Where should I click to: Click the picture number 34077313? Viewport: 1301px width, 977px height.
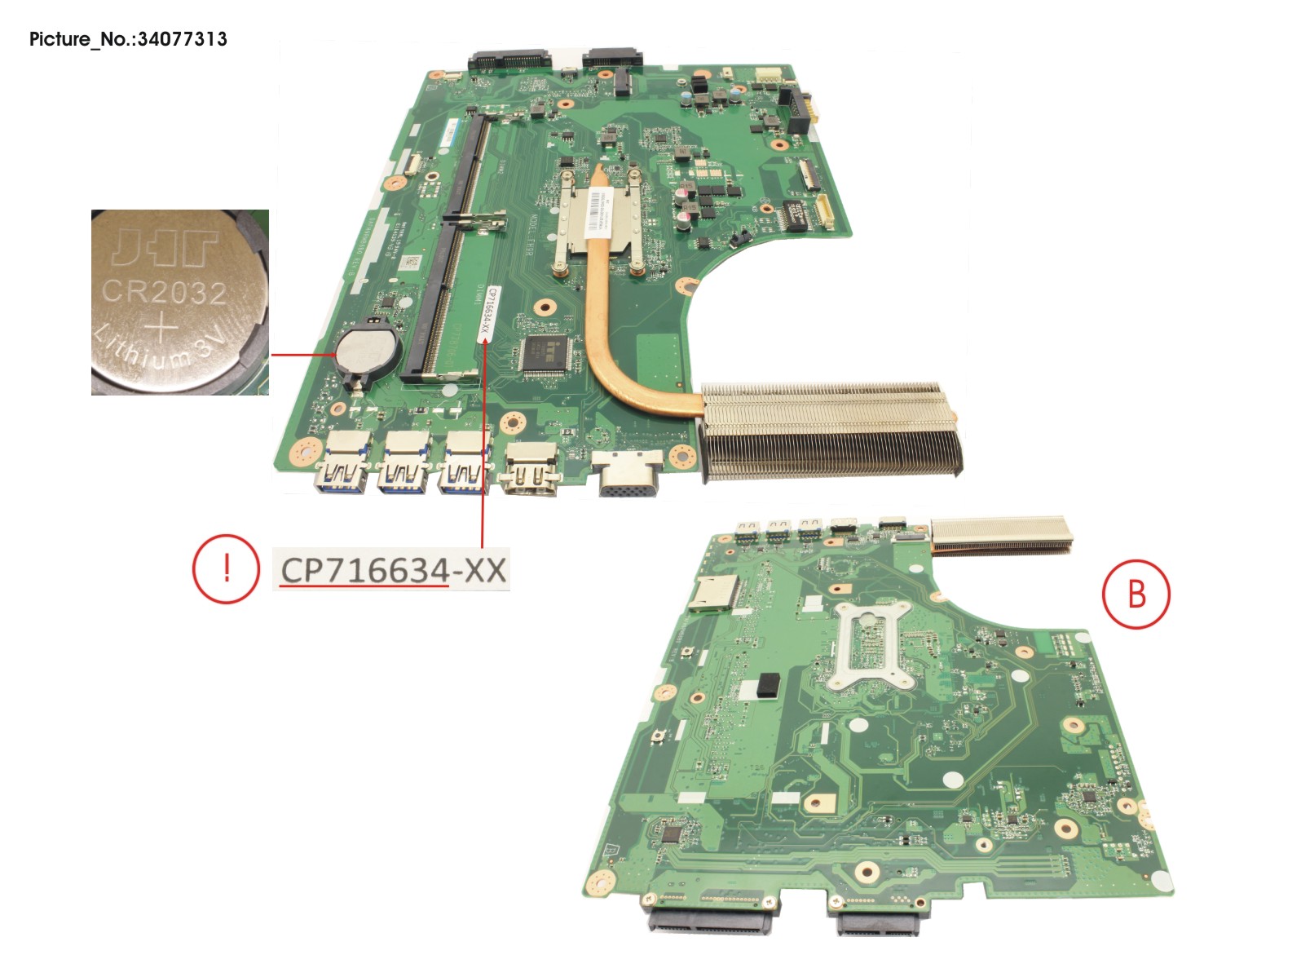[x=182, y=39]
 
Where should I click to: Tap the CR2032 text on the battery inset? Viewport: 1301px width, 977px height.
[x=164, y=290]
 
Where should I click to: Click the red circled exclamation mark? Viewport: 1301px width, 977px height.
[x=226, y=568]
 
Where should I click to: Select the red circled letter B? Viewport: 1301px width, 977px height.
[x=1136, y=595]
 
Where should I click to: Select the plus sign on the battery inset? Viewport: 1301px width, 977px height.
[x=162, y=329]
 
